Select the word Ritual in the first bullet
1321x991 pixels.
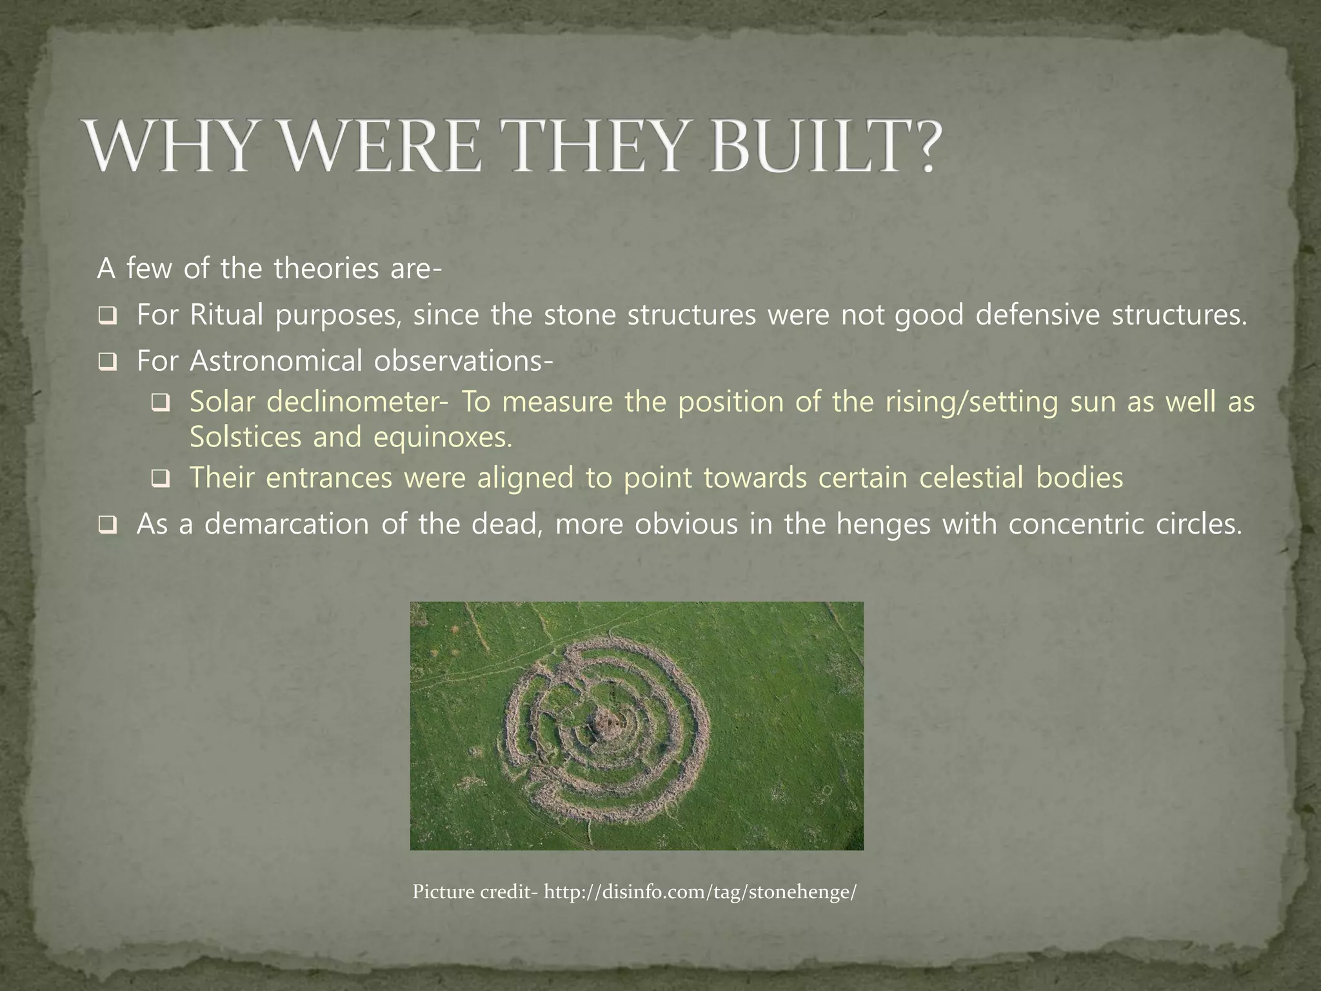pyautogui.click(x=226, y=315)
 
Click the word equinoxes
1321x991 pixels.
pyautogui.click(x=442, y=437)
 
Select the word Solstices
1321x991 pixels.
pyautogui.click(x=244, y=437)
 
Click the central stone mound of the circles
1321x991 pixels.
pyautogui.click(x=606, y=717)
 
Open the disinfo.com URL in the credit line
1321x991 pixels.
pyautogui.click(x=700, y=893)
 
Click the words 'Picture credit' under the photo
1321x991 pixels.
pyautogui.click(x=475, y=893)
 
